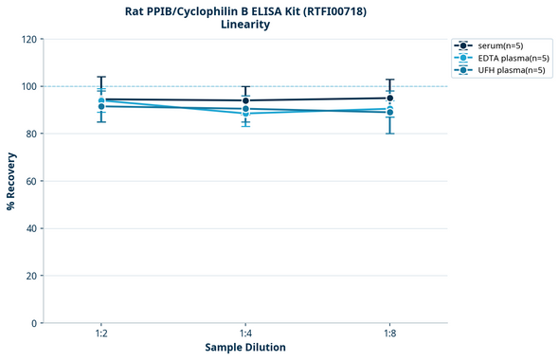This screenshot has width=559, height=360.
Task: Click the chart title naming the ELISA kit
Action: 245,10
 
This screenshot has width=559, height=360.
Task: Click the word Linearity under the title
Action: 245,25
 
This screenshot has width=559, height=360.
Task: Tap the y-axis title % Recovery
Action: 11,181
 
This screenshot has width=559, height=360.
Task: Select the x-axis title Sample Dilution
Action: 245,348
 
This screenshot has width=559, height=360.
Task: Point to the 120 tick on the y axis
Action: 27,39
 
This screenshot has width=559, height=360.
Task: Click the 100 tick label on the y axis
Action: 27,86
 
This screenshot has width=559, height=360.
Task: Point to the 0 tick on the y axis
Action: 33,323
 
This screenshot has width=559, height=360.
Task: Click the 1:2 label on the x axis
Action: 101,334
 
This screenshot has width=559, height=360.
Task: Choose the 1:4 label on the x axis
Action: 245,334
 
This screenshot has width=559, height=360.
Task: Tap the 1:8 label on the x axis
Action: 389,334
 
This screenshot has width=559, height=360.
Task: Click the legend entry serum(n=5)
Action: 501,45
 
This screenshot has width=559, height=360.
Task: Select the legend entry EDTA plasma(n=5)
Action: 511,58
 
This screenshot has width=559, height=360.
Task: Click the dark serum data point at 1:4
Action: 245,100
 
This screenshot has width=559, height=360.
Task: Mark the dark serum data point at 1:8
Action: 389,98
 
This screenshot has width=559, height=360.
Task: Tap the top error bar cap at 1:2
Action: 101,77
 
